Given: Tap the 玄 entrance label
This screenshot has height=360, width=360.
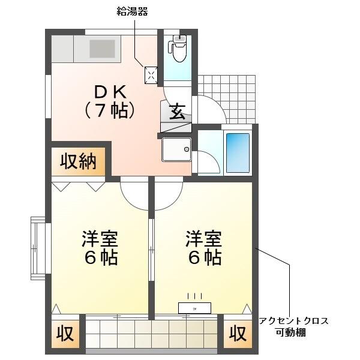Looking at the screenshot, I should coord(177,112).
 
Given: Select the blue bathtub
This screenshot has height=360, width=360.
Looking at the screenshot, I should coord(238,153).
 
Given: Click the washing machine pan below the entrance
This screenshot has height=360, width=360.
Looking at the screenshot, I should coord(176,149).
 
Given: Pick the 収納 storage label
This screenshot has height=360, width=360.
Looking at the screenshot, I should coord(78,161).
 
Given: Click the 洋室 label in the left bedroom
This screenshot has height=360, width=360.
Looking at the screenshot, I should coord(100,238).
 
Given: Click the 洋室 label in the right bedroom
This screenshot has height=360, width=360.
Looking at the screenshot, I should coord(203,238).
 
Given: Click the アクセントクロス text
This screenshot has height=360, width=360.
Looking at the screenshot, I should coord(293,321).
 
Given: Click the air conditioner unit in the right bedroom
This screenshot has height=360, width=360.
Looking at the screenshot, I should coord(194,308).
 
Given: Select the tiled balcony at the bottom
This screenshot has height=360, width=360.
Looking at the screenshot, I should coord(151,332).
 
